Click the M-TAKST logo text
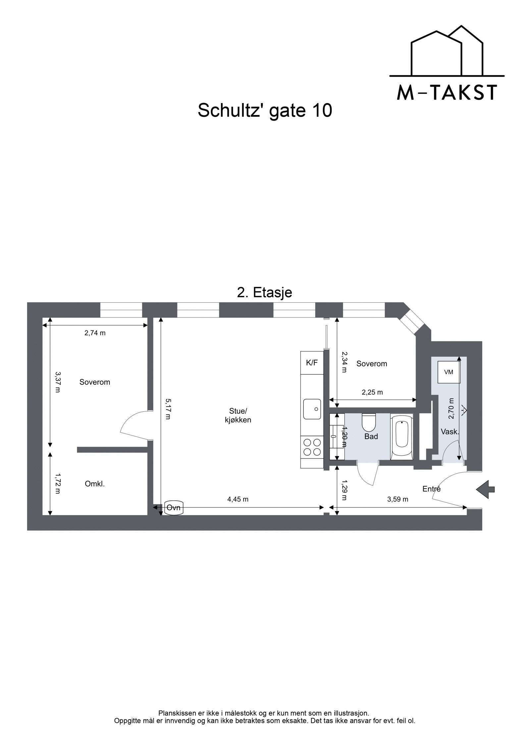[447, 92]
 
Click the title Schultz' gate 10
[265, 110]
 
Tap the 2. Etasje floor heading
[265, 293]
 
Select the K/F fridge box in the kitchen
[312, 363]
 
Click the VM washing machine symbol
[449, 372]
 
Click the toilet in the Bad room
[368, 421]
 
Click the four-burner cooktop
[312, 447]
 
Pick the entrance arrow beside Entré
[485, 489]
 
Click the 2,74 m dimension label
[95, 333]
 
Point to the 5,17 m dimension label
[168, 409]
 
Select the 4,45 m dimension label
[238, 499]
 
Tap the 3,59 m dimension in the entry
[397, 499]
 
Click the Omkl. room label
[95, 484]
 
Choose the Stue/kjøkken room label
[238, 416]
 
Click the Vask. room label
[450, 432]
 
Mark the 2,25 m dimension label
[372, 392]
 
